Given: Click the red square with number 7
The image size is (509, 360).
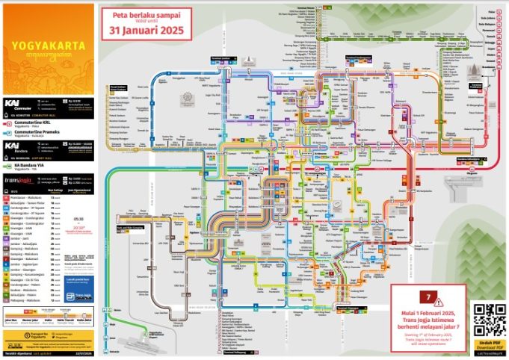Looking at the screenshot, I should [x=429, y=297].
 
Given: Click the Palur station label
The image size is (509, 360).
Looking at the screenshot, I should [x=491, y=13].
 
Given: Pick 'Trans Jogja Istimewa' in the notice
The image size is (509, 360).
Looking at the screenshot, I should [x=428, y=320].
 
